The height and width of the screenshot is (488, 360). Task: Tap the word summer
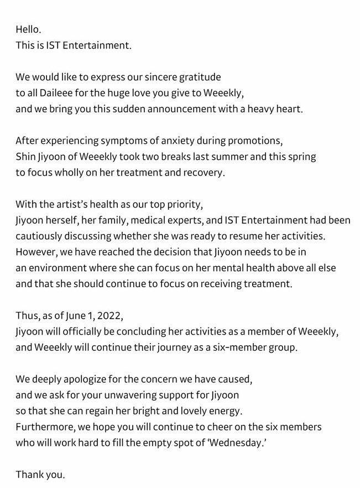tap(220, 157)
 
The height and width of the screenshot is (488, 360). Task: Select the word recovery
tap(204, 172)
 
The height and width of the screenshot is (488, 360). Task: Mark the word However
tap(34, 252)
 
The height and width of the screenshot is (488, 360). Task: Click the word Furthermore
tap(42, 428)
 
